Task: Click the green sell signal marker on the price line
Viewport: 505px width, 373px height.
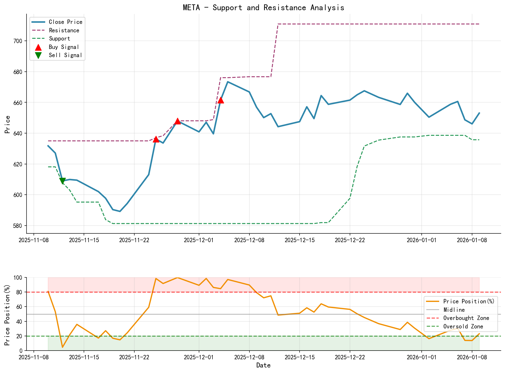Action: click(62, 181)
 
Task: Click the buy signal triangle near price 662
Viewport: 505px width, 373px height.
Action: click(221, 100)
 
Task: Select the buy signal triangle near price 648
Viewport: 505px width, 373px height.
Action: click(177, 121)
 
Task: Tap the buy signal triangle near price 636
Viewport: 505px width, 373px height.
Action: click(156, 139)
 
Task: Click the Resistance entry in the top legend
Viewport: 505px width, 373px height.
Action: click(64, 30)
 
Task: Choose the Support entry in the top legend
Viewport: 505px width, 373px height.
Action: click(59, 38)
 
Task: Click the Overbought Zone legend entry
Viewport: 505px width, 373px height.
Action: click(466, 318)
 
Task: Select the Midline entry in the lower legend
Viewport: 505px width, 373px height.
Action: click(454, 310)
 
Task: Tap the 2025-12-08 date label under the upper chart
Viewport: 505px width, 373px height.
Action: click(249, 240)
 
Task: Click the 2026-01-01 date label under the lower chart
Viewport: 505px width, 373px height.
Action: click(421, 357)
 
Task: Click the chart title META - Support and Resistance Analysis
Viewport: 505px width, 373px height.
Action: click(263, 8)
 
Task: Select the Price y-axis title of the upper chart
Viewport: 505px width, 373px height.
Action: click(8, 124)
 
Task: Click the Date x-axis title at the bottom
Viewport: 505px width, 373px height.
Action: click(263, 365)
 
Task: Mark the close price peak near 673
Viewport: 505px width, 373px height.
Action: click(228, 82)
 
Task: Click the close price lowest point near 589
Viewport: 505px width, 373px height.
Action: click(120, 211)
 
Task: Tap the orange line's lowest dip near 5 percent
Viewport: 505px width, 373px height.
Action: click(62, 347)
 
